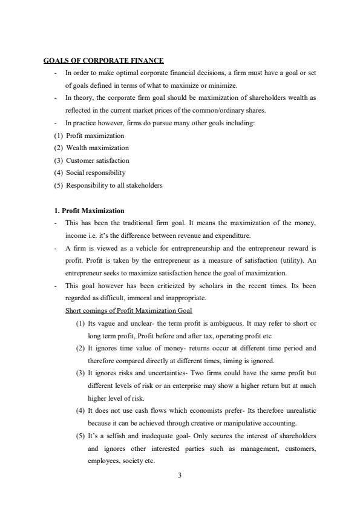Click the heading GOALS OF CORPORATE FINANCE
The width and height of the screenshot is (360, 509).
coord(103,61)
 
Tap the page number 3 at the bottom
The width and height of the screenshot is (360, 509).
coord(180,475)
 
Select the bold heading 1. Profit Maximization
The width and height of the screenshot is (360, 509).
coord(90,211)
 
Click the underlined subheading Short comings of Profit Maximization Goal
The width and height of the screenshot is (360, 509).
coord(128,310)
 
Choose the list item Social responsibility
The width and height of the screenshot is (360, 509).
coord(96,172)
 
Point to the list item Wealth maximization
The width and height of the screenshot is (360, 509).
coord(97,148)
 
